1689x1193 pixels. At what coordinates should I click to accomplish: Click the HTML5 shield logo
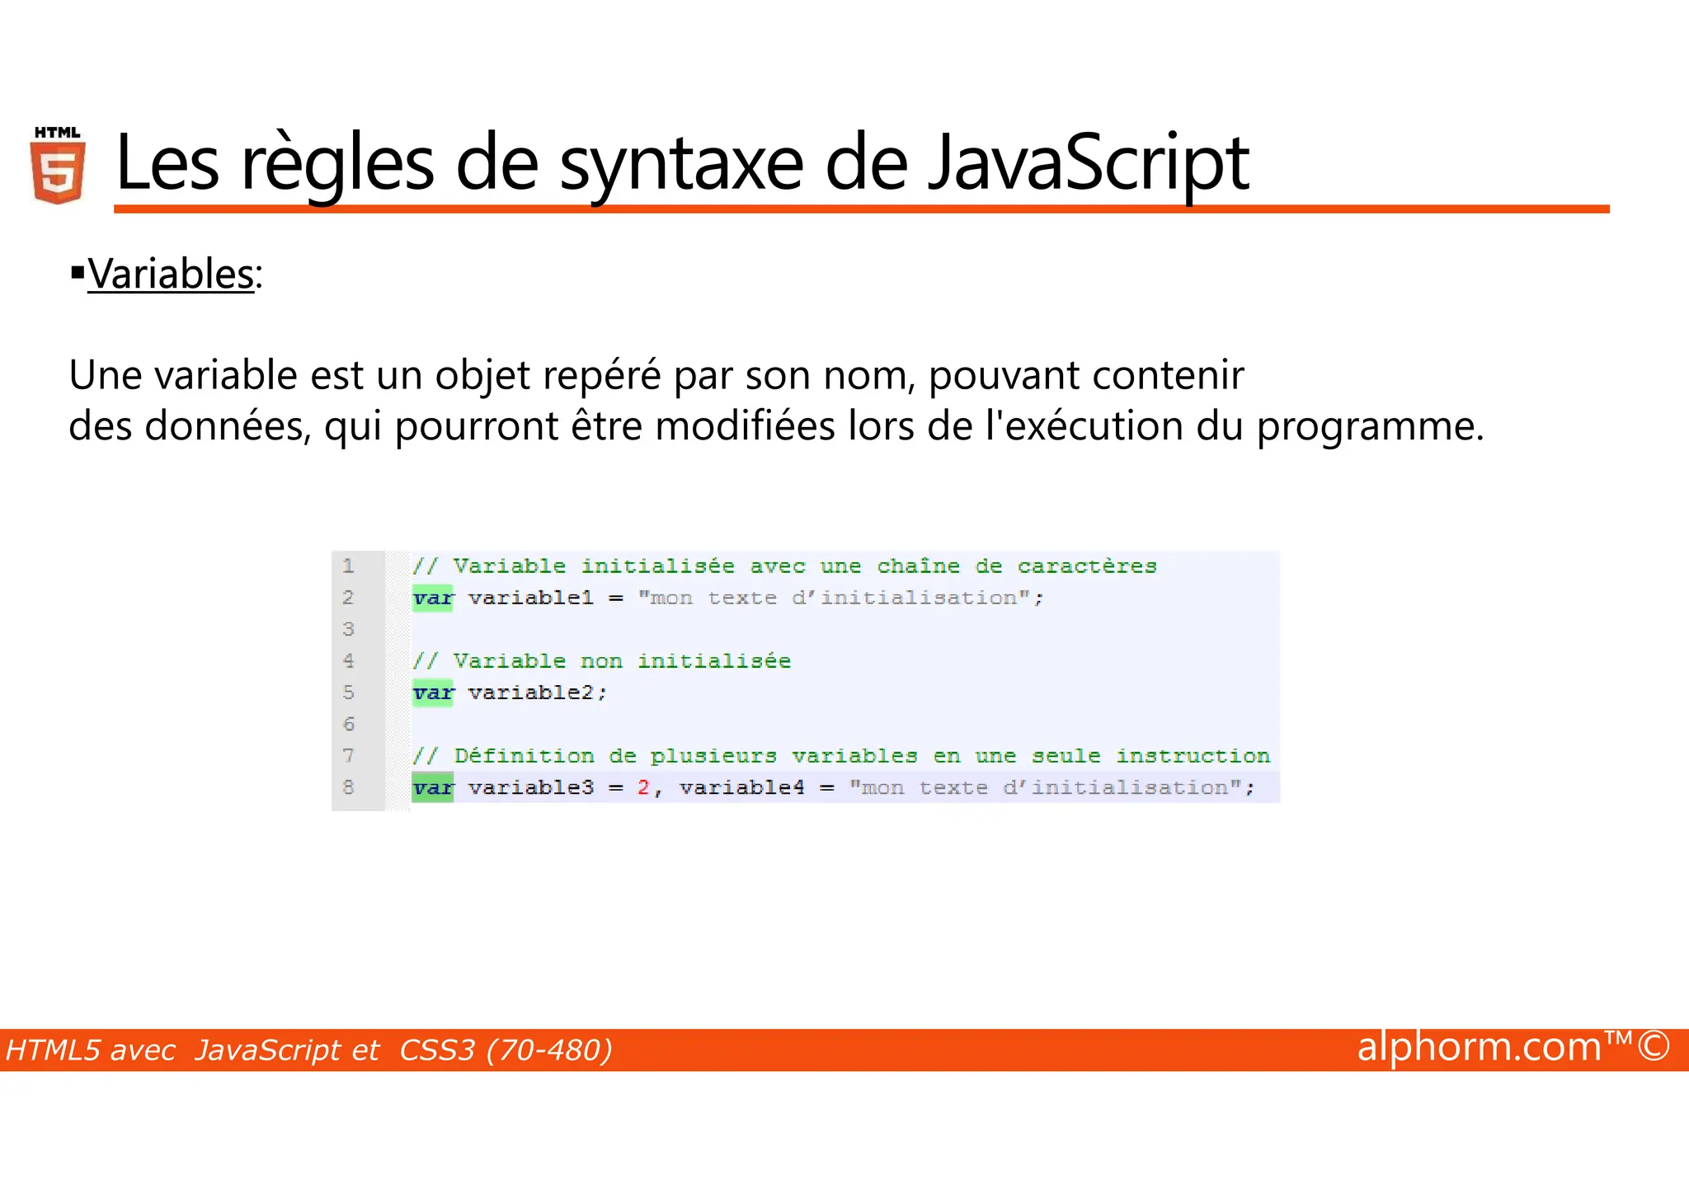click(x=58, y=167)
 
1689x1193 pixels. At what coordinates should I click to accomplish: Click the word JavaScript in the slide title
click(x=1088, y=163)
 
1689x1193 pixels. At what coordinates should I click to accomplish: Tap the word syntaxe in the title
click(x=681, y=163)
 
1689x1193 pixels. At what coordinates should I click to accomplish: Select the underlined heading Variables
click(x=171, y=274)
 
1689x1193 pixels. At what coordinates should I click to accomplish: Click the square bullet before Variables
click(x=78, y=271)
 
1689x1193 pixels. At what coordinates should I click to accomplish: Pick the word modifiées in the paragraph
click(x=745, y=427)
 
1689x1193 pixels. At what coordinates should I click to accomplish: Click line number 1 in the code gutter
click(x=349, y=566)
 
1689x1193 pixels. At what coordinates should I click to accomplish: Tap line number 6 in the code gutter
click(x=349, y=724)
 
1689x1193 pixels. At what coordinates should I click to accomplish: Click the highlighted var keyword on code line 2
click(x=433, y=599)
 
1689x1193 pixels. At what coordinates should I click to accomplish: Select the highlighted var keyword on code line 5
click(x=433, y=693)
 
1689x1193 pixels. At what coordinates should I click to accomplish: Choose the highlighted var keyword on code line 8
click(x=433, y=788)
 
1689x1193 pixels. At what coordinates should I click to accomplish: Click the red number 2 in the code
click(x=643, y=788)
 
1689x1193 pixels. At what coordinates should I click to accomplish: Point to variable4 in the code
click(x=741, y=788)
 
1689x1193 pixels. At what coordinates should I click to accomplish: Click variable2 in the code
click(x=530, y=693)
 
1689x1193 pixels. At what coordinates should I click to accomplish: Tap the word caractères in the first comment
click(x=1086, y=567)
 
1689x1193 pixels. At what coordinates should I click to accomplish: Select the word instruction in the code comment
click(x=1193, y=756)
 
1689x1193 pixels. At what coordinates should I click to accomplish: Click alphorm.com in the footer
click(x=1479, y=1047)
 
